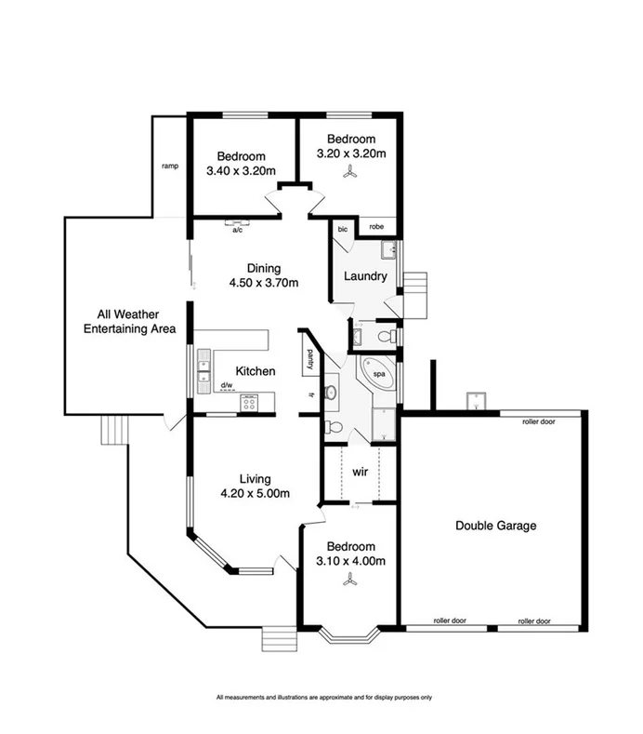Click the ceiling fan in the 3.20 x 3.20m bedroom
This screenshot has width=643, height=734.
point(350,170)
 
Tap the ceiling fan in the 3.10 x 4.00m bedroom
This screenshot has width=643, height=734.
point(350,579)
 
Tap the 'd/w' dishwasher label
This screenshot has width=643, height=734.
point(226,384)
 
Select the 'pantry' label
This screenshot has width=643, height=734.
point(308,356)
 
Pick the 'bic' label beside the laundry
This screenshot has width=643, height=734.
point(343,228)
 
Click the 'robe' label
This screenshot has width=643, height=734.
point(376,226)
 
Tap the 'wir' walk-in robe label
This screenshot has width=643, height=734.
point(360,471)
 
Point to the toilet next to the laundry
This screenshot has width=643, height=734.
point(390,335)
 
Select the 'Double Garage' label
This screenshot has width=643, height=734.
point(495,526)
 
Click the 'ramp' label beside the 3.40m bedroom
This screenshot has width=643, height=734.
point(169,167)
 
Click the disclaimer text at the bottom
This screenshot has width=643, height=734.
point(324,697)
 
